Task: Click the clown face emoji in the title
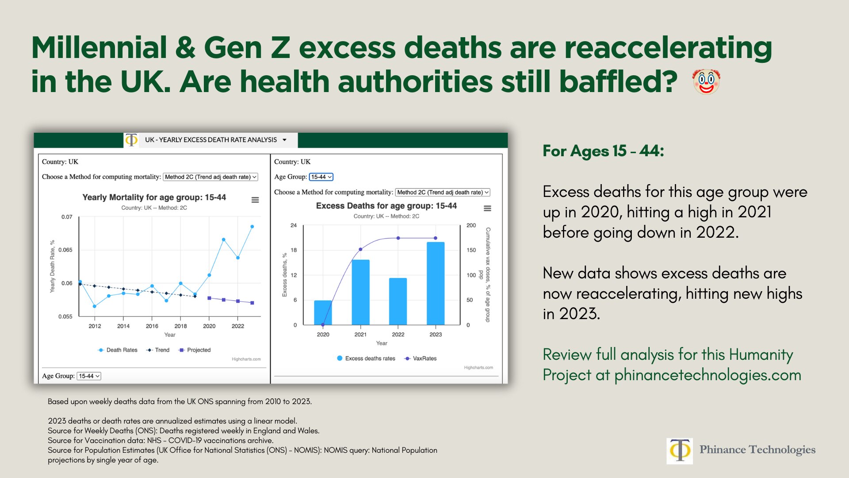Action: click(x=706, y=82)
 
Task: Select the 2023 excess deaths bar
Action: click(x=436, y=283)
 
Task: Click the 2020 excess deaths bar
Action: click(x=323, y=312)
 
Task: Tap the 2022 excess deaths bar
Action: click(x=398, y=301)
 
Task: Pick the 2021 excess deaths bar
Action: click(x=360, y=292)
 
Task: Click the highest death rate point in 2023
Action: click(x=252, y=227)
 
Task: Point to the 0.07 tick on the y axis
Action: click(x=67, y=217)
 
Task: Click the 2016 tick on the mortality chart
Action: click(x=152, y=326)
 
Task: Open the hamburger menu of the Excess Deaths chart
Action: click(x=487, y=208)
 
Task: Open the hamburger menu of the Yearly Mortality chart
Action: click(x=255, y=200)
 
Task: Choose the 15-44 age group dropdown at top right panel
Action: click(x=321, y=177)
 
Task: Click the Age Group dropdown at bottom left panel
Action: click(x=89, y=376)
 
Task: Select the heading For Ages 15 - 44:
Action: click(x=603, y=151)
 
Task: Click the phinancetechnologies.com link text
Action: click(x=707, y=375)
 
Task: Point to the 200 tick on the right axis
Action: click(x=471, y=225)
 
